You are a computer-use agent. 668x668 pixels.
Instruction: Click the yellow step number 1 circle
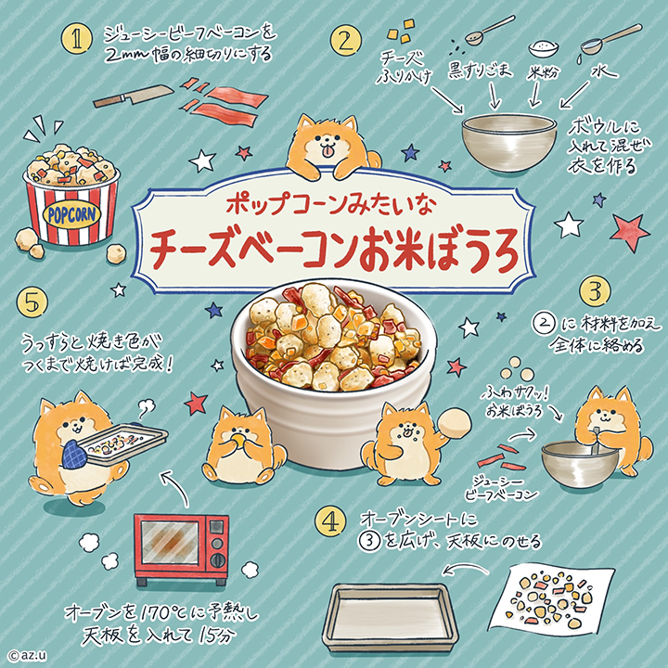click(77, 39)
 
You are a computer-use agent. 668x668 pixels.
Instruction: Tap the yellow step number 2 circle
click(346, 42)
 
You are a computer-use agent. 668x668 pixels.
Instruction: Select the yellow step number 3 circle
click(595, 292)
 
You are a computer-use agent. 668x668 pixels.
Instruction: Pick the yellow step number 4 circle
click(330, 521)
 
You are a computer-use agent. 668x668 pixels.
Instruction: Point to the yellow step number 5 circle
click(32, 302)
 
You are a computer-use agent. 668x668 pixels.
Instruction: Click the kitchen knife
click(134, 96)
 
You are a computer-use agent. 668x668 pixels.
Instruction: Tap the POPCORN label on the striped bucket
click(71, 215)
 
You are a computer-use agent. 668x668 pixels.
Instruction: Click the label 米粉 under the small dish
click(543, 73)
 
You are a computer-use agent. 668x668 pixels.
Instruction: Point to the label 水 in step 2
click(604, 71)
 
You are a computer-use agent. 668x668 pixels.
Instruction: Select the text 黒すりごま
click(480, 70)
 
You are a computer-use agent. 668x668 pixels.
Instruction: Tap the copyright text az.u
click(27, 656)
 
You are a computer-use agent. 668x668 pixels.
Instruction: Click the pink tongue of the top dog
click(328, 151)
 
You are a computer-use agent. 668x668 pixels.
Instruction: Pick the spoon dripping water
click(610, 40)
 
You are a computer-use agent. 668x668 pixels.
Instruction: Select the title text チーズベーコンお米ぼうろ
click(334, 251)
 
